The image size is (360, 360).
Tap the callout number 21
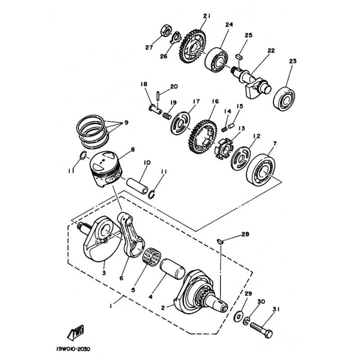point(207,16)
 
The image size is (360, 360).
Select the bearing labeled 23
point(284,99)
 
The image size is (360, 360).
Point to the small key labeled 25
point(239,57)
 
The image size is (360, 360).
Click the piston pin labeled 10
point(137,185)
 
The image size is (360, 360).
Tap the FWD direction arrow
point(76,333)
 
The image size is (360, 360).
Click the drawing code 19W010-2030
point(73,349)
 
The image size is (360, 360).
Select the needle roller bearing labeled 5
point(152,256)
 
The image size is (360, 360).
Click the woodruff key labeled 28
point(220,241)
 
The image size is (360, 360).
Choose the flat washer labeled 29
point(239,317)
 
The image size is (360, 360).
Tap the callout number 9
point(126,122)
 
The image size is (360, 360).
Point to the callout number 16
point(216,101)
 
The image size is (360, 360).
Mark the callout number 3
point(104,273)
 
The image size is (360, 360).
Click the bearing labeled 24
point(216,60)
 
